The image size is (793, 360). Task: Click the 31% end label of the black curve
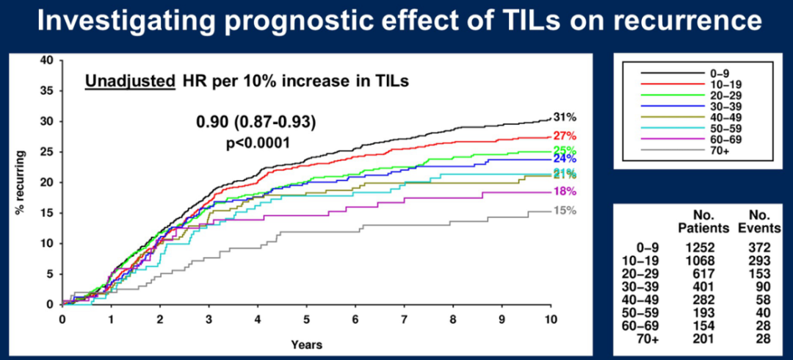pos(565,118)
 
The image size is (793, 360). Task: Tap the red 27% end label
pos(565,136)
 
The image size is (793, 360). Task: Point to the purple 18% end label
pos(565,192)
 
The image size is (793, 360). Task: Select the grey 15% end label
pos(565,211)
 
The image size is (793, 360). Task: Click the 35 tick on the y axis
pos(46,90)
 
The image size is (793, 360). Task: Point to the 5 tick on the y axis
pos(49,274)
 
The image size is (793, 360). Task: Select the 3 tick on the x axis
pos(209,320)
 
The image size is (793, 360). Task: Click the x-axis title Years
pos(306,343)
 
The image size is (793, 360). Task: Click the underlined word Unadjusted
pos(128,82)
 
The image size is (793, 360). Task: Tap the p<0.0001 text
pos(257,141)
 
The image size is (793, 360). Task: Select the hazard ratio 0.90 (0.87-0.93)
pos(257,122)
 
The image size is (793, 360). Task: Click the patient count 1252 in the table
pos(692,250)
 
